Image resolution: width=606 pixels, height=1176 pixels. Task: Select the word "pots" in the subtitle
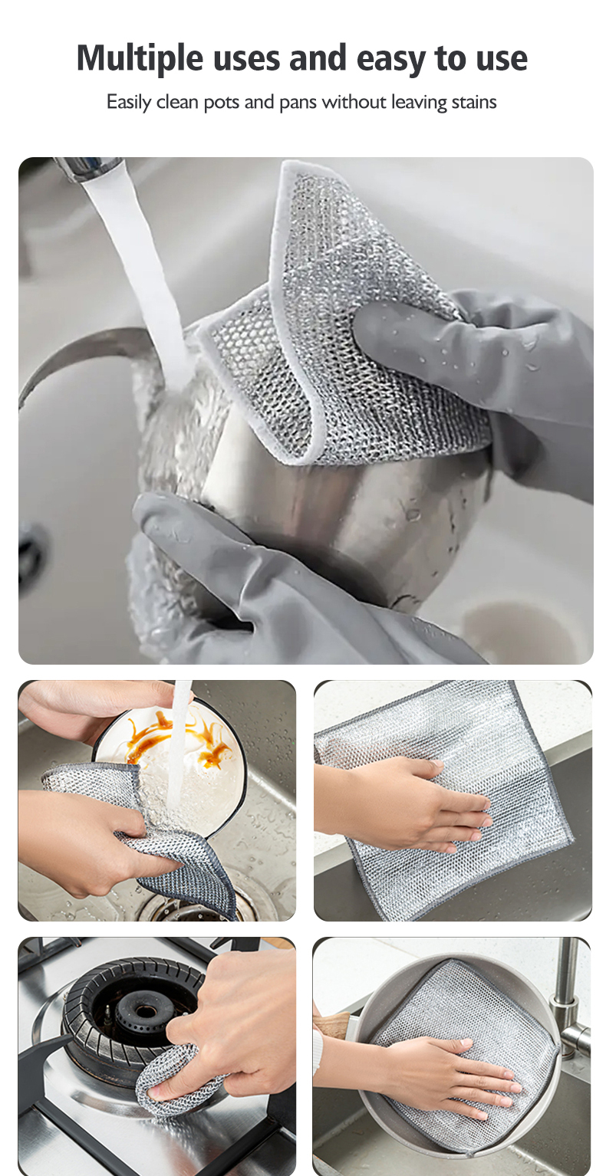click(x=221, y=102)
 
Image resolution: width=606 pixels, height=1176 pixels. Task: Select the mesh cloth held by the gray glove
click(x=345, y=322)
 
